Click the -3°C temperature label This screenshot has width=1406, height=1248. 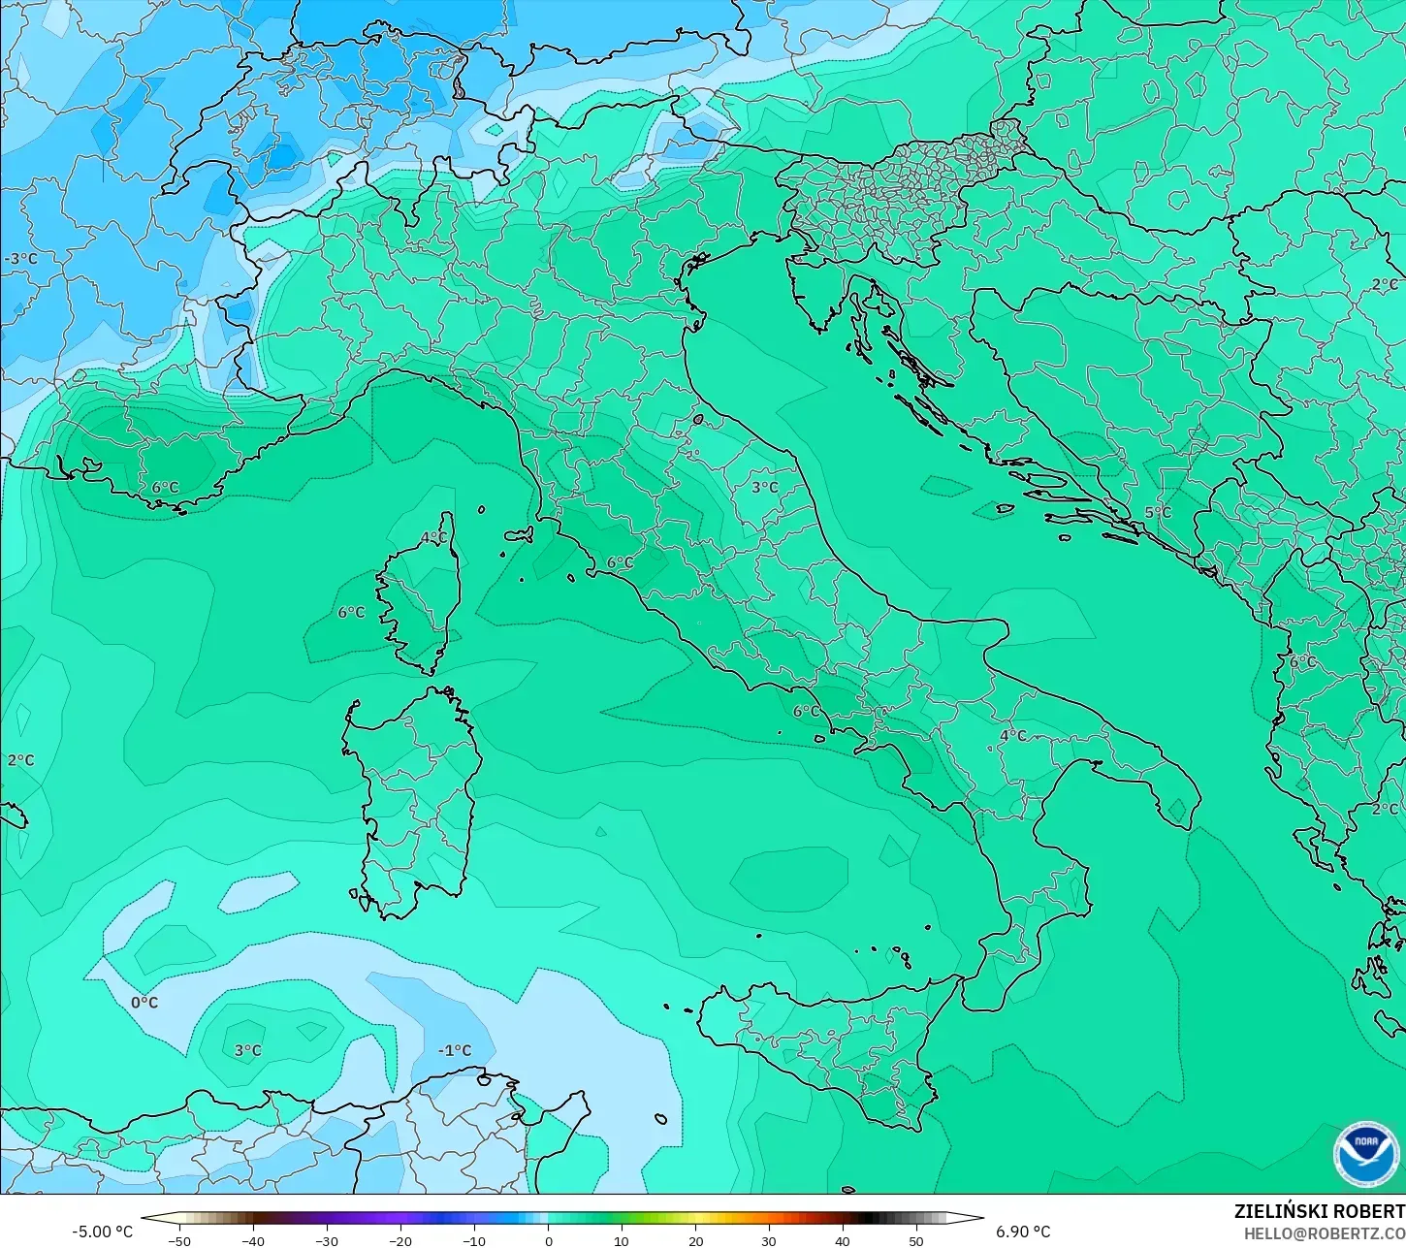point(21,259)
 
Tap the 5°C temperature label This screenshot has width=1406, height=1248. point(1158,512)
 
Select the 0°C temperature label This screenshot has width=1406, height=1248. point(144,1002)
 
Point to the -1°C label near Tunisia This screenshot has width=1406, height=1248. point(454,1050)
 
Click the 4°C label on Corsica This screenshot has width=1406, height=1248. point(433,537)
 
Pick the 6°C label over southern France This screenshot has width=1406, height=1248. point(165,487)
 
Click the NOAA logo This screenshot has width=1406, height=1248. point(1365,1154)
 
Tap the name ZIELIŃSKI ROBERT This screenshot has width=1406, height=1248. point(1319,1211)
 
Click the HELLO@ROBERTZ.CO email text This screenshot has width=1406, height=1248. point(1325,1233)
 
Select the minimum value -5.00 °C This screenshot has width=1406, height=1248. point(103,1232)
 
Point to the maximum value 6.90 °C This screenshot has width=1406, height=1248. point(1023,1232)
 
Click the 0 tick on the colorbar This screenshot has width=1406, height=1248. point(548,1240)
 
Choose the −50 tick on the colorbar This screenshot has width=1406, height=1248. point(179,1240)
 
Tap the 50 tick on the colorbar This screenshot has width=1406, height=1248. point(916,1240)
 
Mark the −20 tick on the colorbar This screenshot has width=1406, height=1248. point(400,1240)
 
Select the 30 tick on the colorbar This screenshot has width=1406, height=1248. point(769,1240)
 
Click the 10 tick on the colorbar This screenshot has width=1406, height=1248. point(622,1240)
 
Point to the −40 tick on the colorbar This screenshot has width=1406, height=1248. point(253,1240)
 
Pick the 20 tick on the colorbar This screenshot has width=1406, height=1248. point(695,1240)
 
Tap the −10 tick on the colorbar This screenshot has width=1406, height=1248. point(474,1240)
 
